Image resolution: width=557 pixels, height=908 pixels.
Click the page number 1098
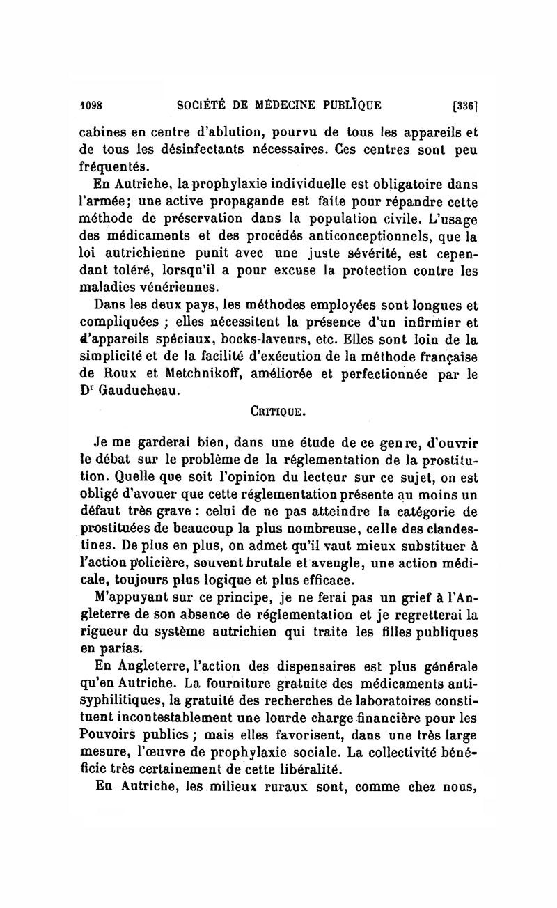click(x=91, y=106)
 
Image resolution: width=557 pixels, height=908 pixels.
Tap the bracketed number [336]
click(x=464, y=107)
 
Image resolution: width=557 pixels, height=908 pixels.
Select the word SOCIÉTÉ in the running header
click(x=203, y=106)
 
